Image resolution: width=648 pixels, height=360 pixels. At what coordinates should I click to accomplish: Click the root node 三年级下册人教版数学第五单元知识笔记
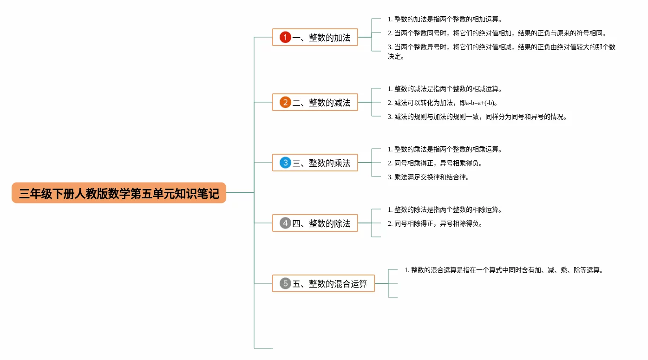(119, 193)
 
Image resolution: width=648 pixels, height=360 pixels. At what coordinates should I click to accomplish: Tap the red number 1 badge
(285, 37)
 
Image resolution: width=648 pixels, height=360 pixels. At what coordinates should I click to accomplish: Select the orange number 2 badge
(285, 102)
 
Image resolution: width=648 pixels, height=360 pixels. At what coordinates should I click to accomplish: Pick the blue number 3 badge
(285, 163)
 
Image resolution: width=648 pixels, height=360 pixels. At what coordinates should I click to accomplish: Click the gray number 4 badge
(285, 223)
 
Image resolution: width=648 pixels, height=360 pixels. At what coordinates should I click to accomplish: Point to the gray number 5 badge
(285, 283)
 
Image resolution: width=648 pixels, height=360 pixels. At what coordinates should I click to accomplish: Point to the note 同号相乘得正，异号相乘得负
(438, 163)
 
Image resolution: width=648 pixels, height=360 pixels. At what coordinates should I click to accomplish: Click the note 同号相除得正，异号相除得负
(438, 223)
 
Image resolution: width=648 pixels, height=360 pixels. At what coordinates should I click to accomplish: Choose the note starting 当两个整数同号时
(500, 33)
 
